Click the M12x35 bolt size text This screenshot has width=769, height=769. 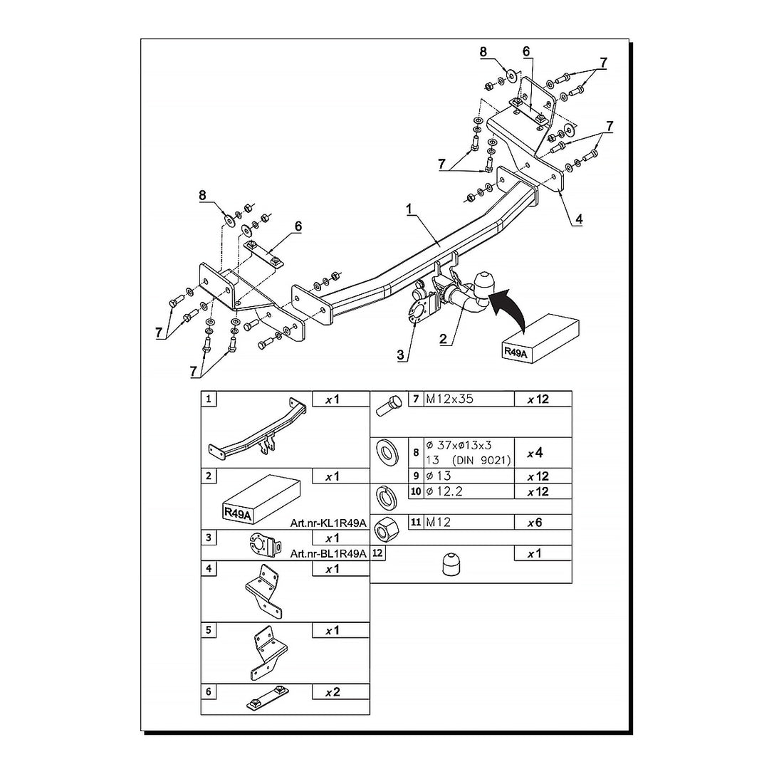point(449,399)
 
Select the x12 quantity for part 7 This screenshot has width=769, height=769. point(538,399)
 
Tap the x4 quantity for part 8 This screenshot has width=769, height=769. point(535,453)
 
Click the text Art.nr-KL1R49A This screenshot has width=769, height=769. point(328,523)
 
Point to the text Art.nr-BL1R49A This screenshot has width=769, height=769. point(328,554)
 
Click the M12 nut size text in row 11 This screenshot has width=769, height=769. point(438,523)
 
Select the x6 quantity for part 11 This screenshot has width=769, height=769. point(535,523)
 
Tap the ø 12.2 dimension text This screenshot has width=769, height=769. point(444,491)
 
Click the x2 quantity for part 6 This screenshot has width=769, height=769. point(333,692)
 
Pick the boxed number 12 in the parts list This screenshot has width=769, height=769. point(378,553)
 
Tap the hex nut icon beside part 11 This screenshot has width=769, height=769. point(382,530)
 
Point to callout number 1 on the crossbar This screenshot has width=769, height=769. point(409,209)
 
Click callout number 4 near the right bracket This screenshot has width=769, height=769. point(579,219)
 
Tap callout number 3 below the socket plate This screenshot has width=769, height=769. point(401,355)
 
